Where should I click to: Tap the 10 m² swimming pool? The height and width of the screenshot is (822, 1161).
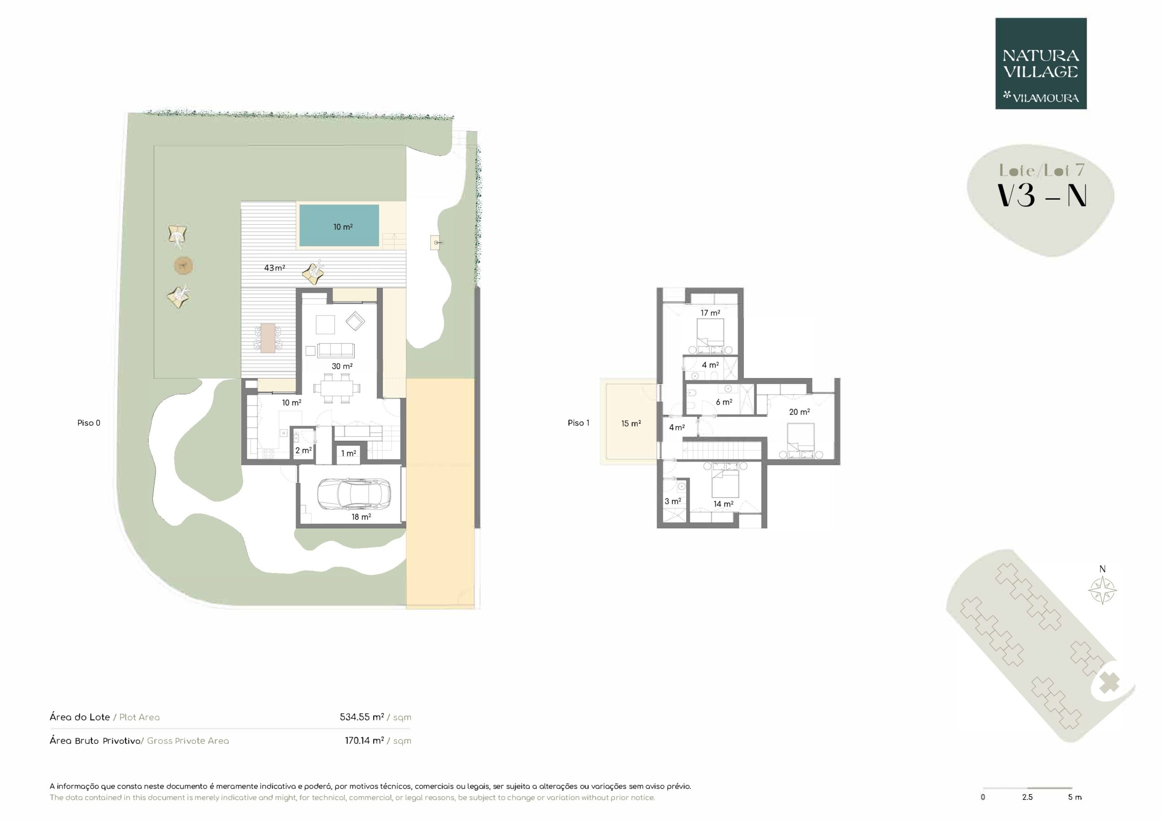(339, 225)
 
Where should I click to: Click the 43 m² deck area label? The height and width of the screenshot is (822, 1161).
(274, 268)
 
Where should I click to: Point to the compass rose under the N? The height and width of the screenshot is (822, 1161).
(1102, 590)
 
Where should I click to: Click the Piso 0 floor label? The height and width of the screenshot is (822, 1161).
(88, 423)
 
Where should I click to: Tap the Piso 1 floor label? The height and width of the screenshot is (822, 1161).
(579, 423)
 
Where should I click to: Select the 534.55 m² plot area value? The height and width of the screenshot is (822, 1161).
(361, 717)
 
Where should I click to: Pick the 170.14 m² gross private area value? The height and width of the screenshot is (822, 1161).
(364, 740)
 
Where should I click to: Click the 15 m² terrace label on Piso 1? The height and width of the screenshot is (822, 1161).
(631, 423)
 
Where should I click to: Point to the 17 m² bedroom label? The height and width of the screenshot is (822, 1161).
(710, 313)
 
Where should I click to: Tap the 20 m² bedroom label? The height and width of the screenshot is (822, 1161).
(800, 412)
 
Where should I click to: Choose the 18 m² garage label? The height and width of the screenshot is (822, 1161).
(361, 517)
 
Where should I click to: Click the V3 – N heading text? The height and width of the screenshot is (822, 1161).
(1041, 195)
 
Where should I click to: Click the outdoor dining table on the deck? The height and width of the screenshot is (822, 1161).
(268, 338)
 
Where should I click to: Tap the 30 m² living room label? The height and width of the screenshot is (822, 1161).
(342, 366)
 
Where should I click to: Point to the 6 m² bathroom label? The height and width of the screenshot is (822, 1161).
(724, 402)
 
